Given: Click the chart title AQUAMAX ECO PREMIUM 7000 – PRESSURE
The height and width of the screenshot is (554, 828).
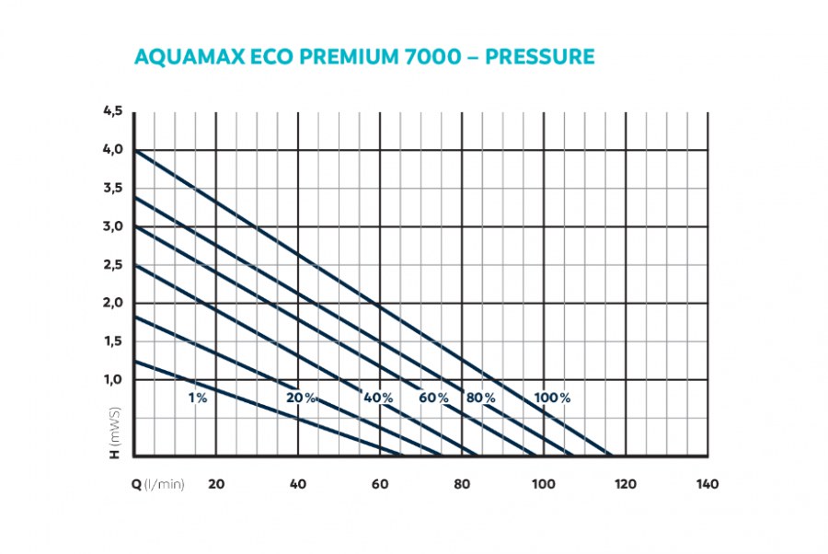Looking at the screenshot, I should [x=364, y=57].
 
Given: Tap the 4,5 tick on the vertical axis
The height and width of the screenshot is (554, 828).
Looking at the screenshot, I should [x=112, y=111].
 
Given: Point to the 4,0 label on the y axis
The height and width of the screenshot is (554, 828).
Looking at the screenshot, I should [x=112, y=150].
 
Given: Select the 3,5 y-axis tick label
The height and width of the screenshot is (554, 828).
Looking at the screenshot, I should [x=112, y=188].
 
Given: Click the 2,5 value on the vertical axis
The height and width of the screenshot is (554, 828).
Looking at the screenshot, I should [x=112, y=265].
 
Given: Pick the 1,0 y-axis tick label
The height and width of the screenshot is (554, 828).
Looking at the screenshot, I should [x=112, y=379].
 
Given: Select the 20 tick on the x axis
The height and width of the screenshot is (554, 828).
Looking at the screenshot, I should [x=216, y=485].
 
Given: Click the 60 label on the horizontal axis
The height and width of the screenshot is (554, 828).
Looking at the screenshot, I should [x=379, y=485].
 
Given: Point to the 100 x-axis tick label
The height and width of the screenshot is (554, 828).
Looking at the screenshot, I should [x=543, y=485].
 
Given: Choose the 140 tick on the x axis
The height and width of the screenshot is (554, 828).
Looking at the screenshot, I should [x=707, y=485].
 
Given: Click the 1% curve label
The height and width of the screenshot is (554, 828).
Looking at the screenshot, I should [x=198, y=398].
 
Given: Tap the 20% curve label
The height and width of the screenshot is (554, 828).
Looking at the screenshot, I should [x=301, y=398].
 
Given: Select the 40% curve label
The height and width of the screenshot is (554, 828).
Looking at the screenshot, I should [x=378, y=398].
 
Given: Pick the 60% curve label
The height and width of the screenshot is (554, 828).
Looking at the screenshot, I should [x=434, y=398].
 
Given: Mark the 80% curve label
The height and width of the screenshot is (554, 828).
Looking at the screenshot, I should [x=480, y=398].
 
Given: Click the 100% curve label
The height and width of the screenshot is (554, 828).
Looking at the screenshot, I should [x=552, y=398].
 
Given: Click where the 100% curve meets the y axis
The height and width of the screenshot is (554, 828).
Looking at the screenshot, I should [x=134, y=150].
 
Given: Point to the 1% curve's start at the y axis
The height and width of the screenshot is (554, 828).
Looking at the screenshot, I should [x=134, y=361].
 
